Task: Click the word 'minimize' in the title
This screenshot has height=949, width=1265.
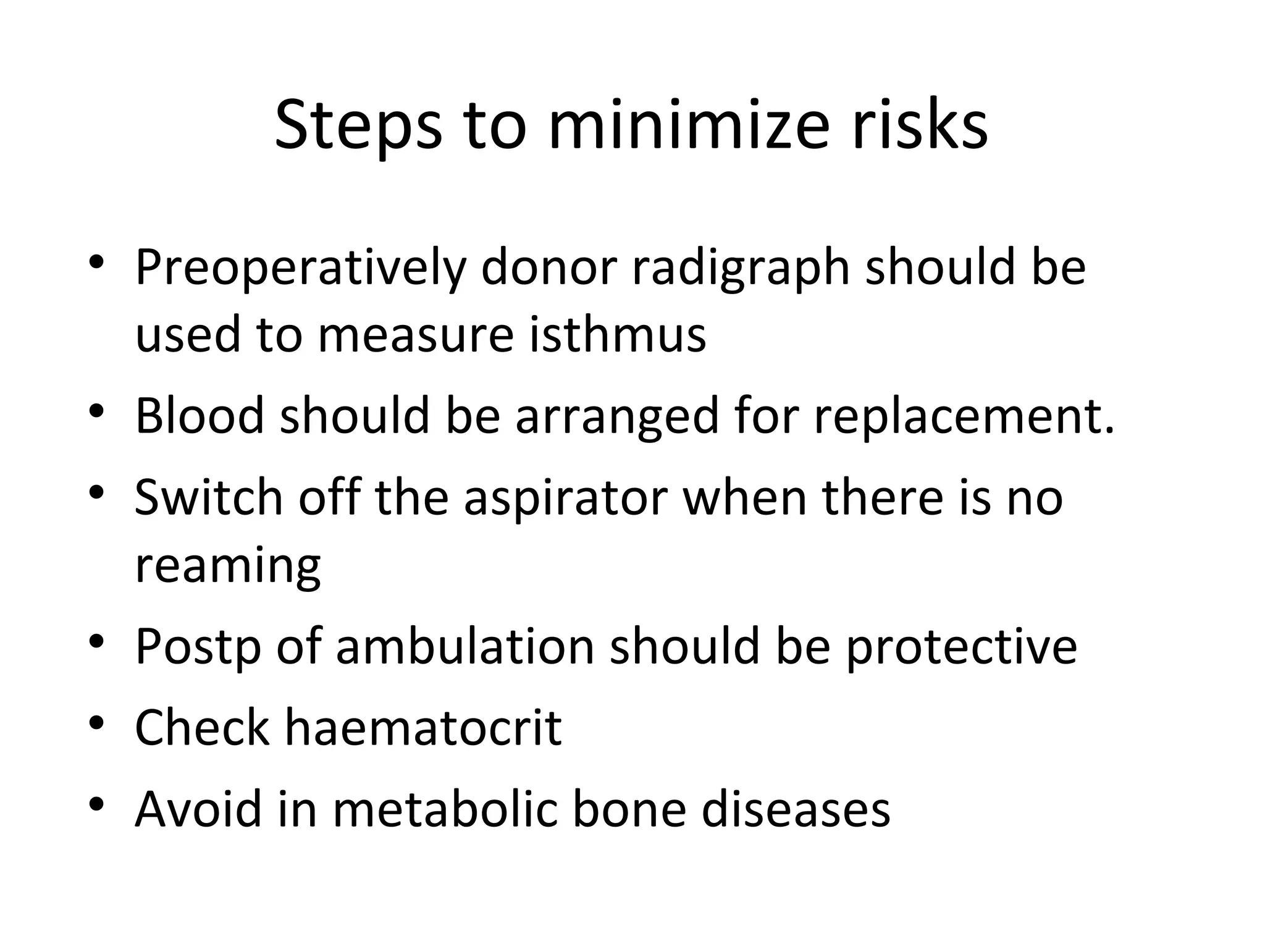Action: tap(687, 127)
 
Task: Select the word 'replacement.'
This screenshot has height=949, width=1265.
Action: tap(964, 416)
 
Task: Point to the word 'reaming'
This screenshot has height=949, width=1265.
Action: tap(228, 566)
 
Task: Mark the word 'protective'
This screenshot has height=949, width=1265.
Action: tap(961, 647)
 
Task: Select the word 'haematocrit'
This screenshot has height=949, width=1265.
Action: tap(422, 728)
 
